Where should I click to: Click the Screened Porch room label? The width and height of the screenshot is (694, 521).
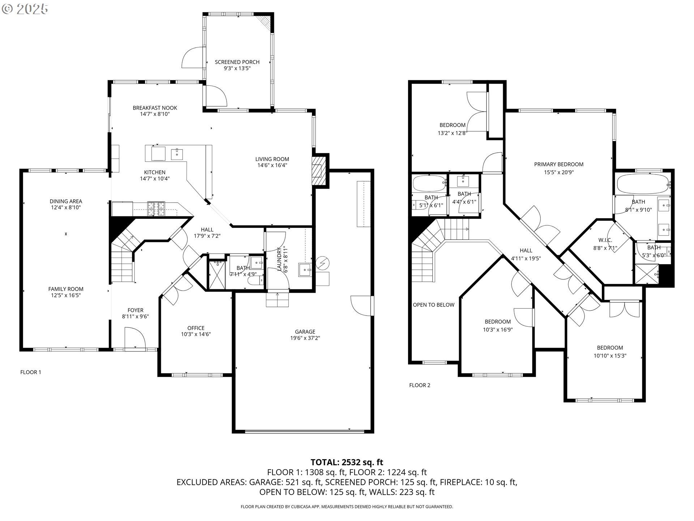click(237, 62)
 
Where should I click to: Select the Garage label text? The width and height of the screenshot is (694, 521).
click(305, 331)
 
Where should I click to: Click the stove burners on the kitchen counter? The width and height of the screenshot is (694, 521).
click(156, 209)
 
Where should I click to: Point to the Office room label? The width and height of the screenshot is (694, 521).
click(196, 328)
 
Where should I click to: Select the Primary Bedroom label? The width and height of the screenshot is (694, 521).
click(559, 164)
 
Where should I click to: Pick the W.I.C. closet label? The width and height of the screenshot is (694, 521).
click(605, 240)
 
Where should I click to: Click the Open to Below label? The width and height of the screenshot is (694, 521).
click(433, 305)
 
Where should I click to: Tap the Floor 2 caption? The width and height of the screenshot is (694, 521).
click(420, 385)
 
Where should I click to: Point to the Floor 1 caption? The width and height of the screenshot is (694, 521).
click(31, 372)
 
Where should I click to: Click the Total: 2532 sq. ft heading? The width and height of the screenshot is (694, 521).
click(347, 462)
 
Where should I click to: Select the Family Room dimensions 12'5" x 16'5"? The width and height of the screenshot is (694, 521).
click(66, 295)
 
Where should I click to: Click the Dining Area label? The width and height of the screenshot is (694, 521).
click(66, 201)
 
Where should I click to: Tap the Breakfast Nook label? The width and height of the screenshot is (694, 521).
click(155, 108)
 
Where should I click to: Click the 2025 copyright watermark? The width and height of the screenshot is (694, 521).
click(25, 9)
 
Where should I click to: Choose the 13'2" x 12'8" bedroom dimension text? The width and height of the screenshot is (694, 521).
click(452, 133)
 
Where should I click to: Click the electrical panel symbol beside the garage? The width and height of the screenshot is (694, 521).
click(322, 263)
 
